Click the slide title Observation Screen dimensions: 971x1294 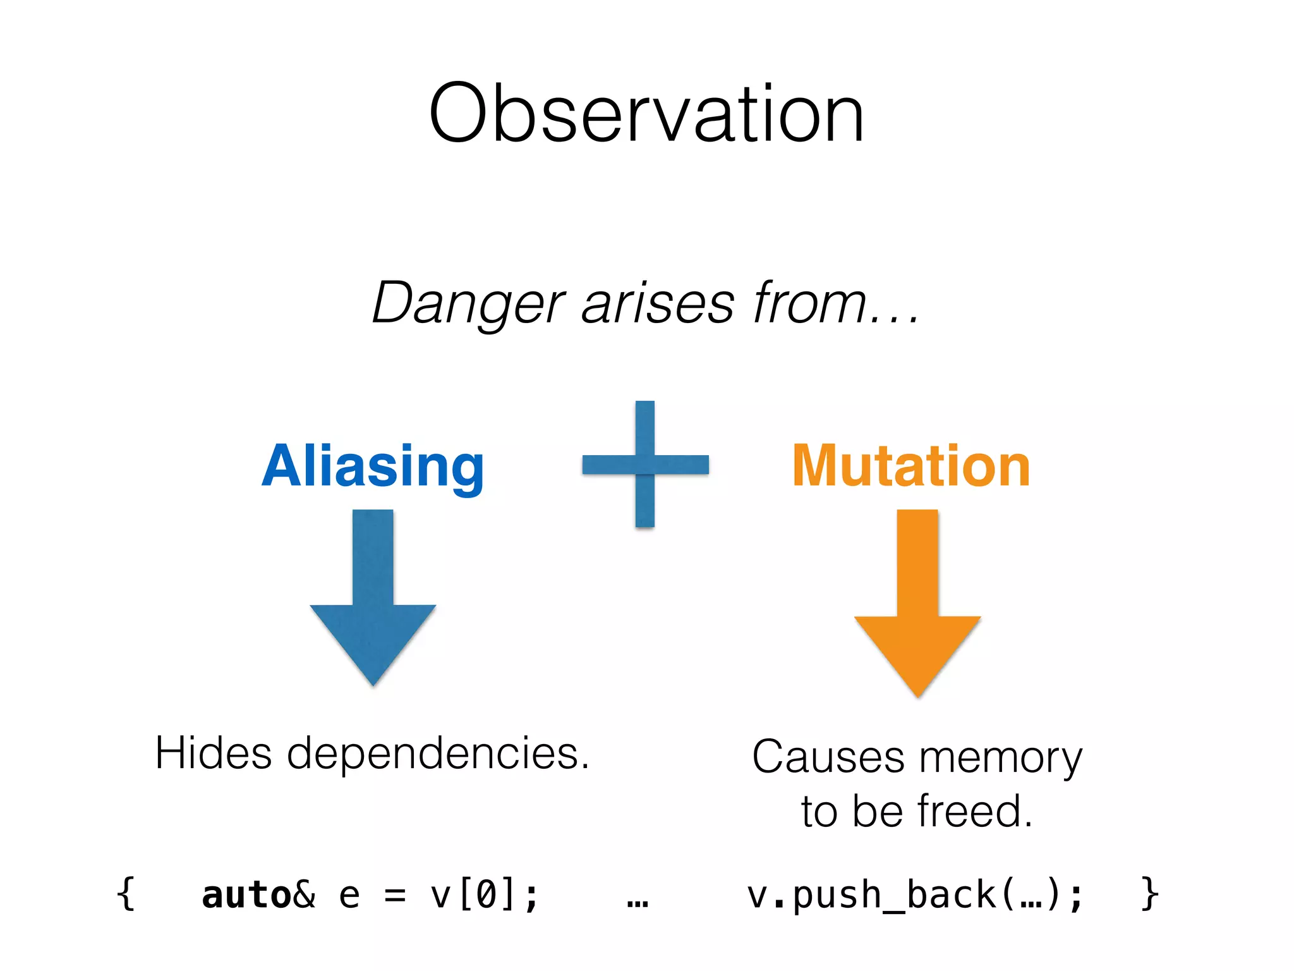(646, 114)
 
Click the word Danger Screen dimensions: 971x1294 (468, 304)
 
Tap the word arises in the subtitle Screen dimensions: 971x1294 (658, 304)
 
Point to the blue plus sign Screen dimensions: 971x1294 (645, 464)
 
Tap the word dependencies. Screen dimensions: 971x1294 (438, 754)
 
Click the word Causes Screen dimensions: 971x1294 (828, 757)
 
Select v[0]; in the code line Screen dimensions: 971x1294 (484, 895)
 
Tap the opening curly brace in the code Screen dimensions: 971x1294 (126, 895)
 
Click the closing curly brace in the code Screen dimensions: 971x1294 (1150, 895)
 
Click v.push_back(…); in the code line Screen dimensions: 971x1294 (914, 895)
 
